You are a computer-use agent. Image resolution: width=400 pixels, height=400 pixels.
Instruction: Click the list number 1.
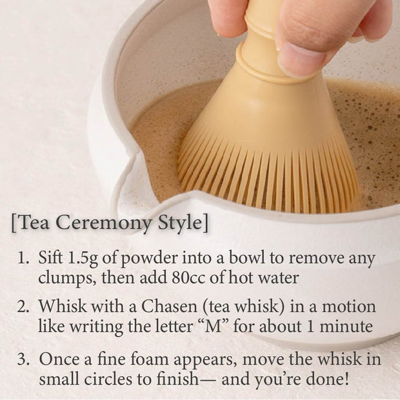click(23, 259)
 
